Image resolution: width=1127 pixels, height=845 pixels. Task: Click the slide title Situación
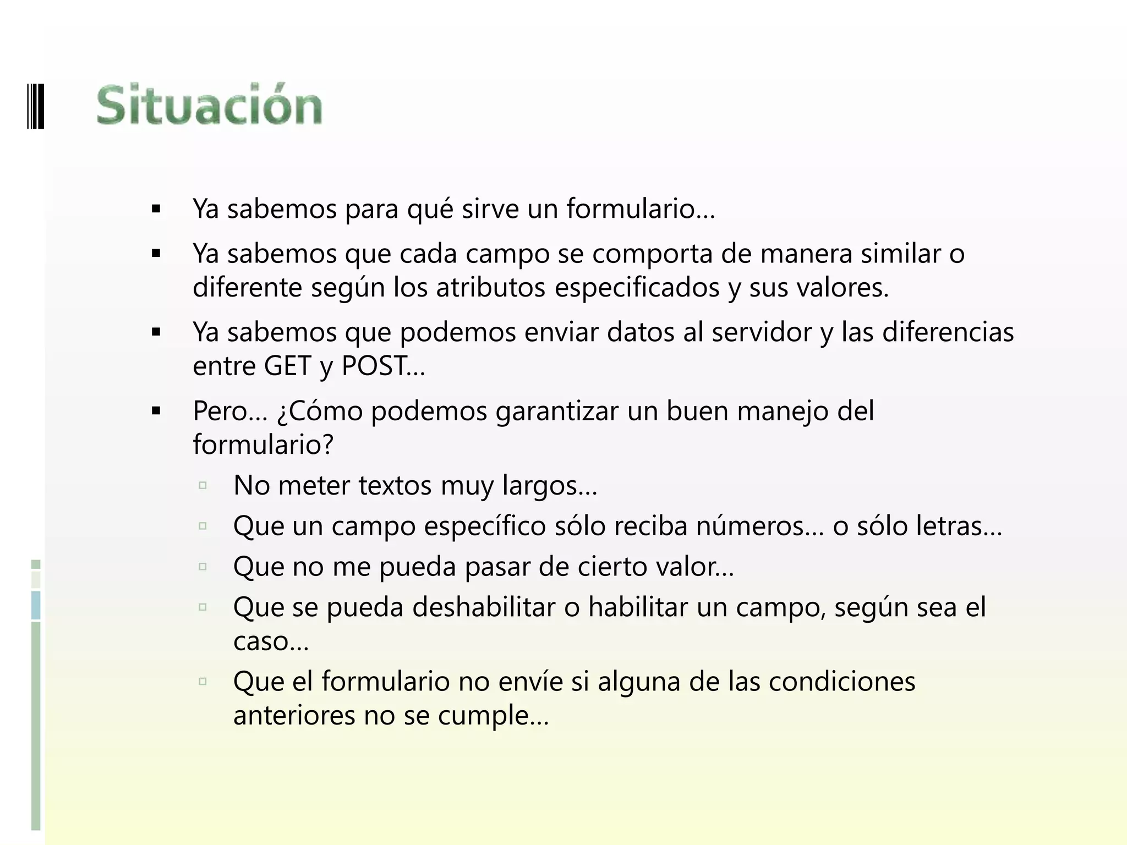pos(209,105)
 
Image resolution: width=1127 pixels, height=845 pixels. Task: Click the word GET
pos(287,366)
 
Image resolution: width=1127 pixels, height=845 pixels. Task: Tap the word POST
pos(375,366)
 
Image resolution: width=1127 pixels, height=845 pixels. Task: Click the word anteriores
pos(294,716)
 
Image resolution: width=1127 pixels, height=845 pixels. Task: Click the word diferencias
pos(948,332)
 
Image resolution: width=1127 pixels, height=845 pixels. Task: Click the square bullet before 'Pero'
pos(156,411)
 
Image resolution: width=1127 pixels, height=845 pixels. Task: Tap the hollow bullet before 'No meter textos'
pos(203,485)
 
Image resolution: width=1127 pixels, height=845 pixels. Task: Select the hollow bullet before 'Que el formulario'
pos(203,682)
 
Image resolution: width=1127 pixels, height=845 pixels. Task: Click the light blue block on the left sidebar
pos(36,605)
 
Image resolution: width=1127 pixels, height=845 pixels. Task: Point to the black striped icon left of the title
pos(35,105)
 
